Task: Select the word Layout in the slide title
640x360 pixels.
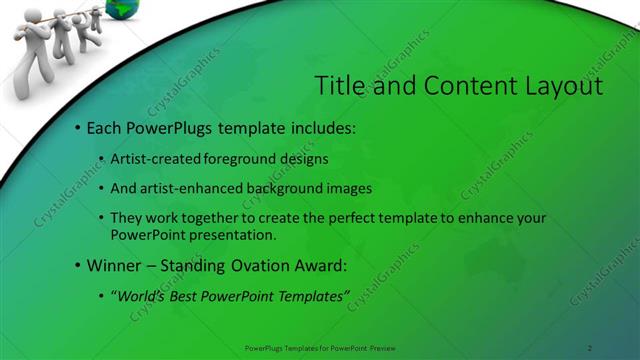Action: point(562,86)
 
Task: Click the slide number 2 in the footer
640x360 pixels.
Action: point(590,347)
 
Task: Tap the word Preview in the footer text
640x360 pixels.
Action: point(384,347)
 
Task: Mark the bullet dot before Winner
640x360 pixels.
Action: point(77,267)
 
